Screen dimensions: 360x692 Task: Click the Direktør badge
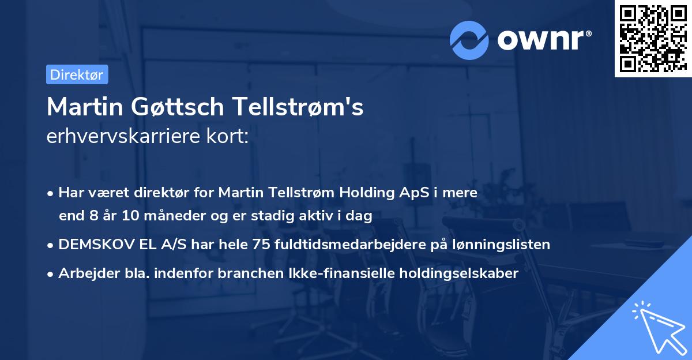coord(77,74)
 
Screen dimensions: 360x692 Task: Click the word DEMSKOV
coord(93,245)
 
